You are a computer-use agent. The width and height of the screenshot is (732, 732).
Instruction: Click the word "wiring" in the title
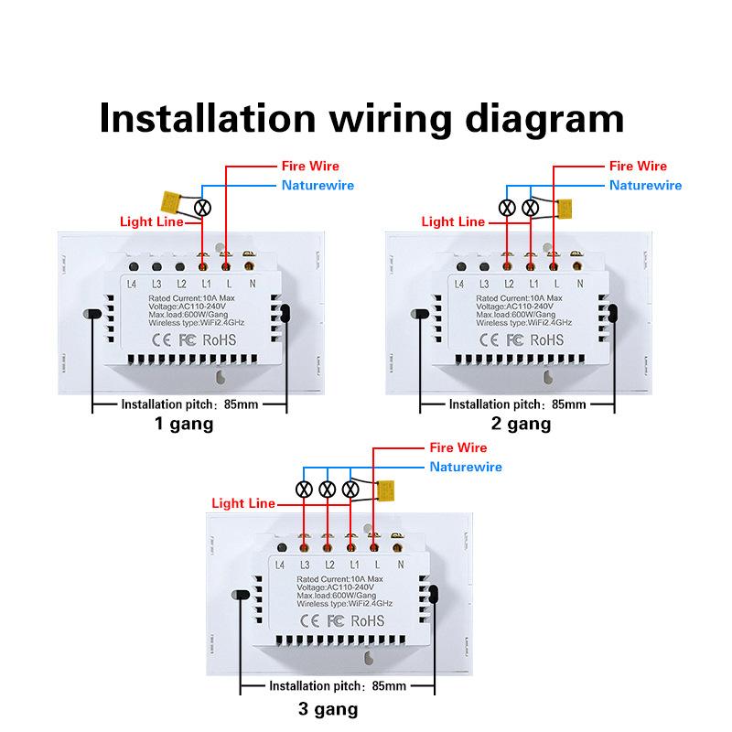coord(366,118)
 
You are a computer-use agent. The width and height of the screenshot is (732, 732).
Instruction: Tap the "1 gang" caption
coord(183,424)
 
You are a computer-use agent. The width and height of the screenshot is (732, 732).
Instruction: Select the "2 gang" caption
coord(522,424)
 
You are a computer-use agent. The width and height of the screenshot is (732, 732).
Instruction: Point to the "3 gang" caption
coord(328,708)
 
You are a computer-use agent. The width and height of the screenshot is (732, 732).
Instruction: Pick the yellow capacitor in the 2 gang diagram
coord(565,208)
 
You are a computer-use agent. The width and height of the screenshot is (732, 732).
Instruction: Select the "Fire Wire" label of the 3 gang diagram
coord(458,448)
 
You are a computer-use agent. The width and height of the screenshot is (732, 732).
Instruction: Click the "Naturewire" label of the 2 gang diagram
coord(646,185)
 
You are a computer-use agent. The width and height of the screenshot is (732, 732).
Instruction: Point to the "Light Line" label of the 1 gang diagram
coord(150,221)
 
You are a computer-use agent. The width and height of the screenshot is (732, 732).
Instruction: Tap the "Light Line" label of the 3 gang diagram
coord(243,503)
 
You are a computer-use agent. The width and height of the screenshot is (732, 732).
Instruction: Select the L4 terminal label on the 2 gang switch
coord(459,285)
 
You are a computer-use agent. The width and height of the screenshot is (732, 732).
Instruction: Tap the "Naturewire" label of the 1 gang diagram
coord(317,185)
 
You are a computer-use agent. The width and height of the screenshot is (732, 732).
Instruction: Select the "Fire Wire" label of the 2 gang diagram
coord(639,167)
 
